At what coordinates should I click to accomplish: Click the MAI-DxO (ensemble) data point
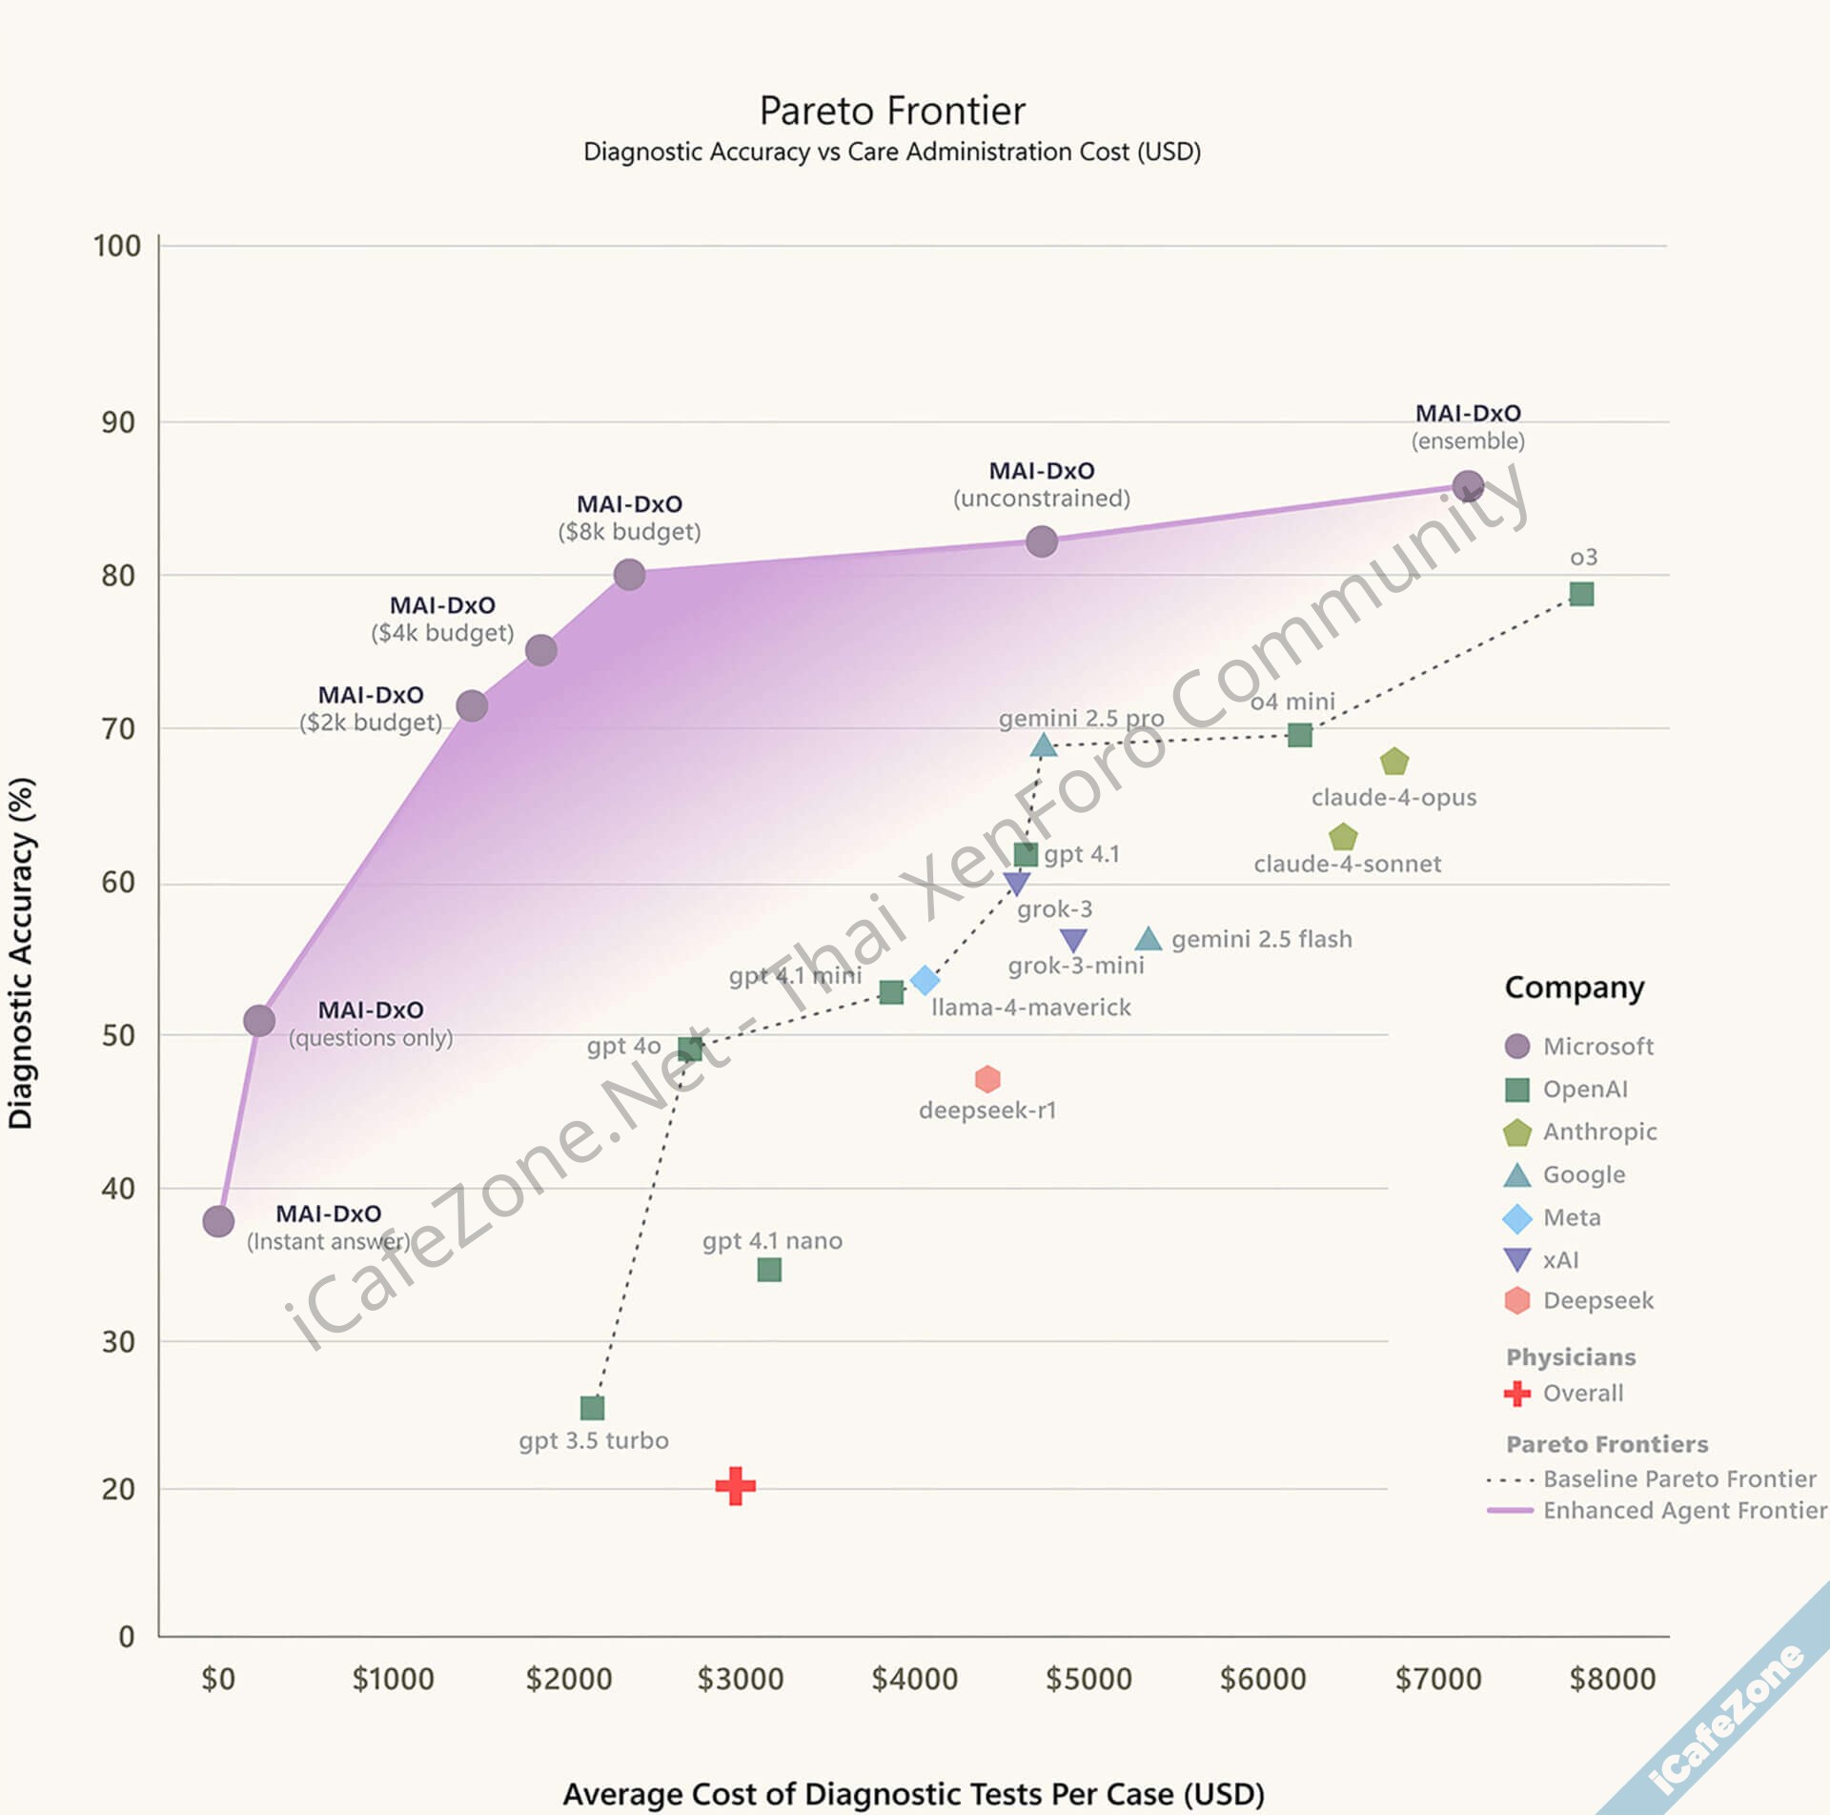(1468, 486)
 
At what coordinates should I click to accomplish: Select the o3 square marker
(1581, 594)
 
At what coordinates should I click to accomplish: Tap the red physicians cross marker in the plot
(736, 1485)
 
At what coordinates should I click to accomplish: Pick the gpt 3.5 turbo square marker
(592, 1407)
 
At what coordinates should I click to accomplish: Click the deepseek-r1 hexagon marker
(987, 1079)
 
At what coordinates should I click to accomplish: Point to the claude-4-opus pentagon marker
(1394, 762)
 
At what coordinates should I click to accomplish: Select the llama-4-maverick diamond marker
(925, 980)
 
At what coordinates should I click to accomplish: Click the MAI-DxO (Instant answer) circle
(218, 1221)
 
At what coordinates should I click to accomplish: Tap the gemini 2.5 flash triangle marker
(1149, 939)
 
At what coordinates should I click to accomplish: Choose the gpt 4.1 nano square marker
(769, 1270)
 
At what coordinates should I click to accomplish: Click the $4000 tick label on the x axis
(914, 1678)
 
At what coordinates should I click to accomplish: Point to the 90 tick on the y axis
(118, 422)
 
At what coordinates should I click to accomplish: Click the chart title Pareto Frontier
(892, 111)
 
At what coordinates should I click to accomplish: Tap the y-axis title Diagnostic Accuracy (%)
(21, 953)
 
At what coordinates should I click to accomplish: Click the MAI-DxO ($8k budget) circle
(629, 575)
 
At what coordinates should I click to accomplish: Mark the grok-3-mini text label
(1076, 966)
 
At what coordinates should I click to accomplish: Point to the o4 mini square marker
(1299, 735)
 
